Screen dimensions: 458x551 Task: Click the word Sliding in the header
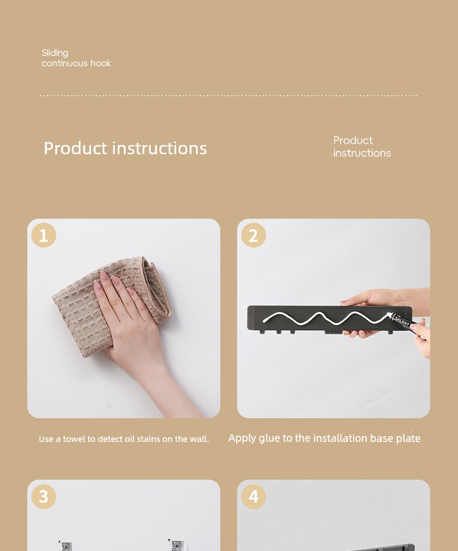pyautogui.click(x=55, y=53)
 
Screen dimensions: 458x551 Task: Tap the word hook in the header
pyautogui.click(x=100, y=63)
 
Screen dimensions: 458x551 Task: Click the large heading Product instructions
pyautogui.click(x=125, y=148)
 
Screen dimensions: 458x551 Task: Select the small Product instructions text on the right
pyautogui.click(x=362, y=147)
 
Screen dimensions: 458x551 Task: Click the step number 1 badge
pyautogui.click(x=43, y=235)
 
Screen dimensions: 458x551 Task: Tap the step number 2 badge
pyautogui.click(x=253, y=235)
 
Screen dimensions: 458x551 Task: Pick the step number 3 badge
pyautogui.click(x=43, y=496)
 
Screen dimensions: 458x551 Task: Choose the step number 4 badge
pyautogui.click(x=253, y=496)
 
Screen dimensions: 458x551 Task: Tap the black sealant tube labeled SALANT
pyautogui.click(x=404, y=321)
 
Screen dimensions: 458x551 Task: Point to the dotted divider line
pyautogui.click(x=228, y=95)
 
